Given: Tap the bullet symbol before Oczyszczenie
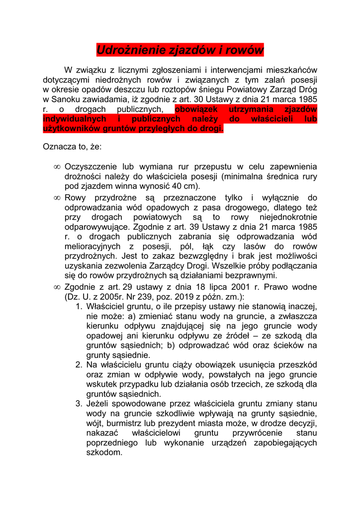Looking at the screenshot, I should [57, 167].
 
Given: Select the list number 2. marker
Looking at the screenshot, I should [79, 365].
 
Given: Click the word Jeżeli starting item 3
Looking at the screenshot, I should [100, 404].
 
